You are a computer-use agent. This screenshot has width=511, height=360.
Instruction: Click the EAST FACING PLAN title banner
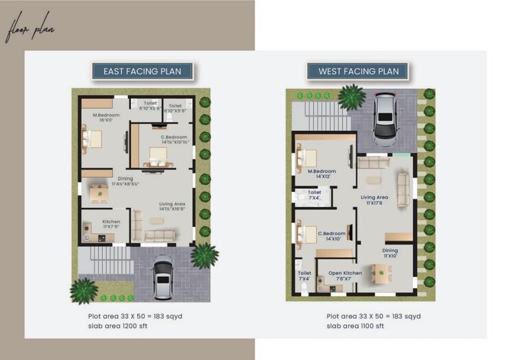pos(143,71)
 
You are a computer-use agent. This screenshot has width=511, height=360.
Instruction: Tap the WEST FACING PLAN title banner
pos(358,71)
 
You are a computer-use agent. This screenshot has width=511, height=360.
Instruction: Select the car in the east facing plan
pos(163,278)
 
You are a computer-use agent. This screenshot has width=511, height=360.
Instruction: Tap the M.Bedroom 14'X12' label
pos(321,173)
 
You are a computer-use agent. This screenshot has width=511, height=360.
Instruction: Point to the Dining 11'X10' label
pos(390,253)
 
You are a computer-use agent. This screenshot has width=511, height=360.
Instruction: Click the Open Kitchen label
pos(344,276)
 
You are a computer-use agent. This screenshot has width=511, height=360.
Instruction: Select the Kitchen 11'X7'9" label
pos(111,224)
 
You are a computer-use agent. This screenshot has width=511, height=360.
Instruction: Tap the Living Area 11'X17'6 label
pos(375,200)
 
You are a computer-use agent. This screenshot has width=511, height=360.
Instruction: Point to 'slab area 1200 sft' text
pos(117,326)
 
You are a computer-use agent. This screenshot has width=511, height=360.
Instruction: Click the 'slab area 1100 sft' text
pos(356,326)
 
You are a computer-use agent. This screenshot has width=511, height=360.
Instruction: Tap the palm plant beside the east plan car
pos(204,256)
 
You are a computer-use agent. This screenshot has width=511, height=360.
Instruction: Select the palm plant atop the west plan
pos(352,97)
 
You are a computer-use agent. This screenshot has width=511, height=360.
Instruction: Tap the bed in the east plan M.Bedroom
pos(92,139)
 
